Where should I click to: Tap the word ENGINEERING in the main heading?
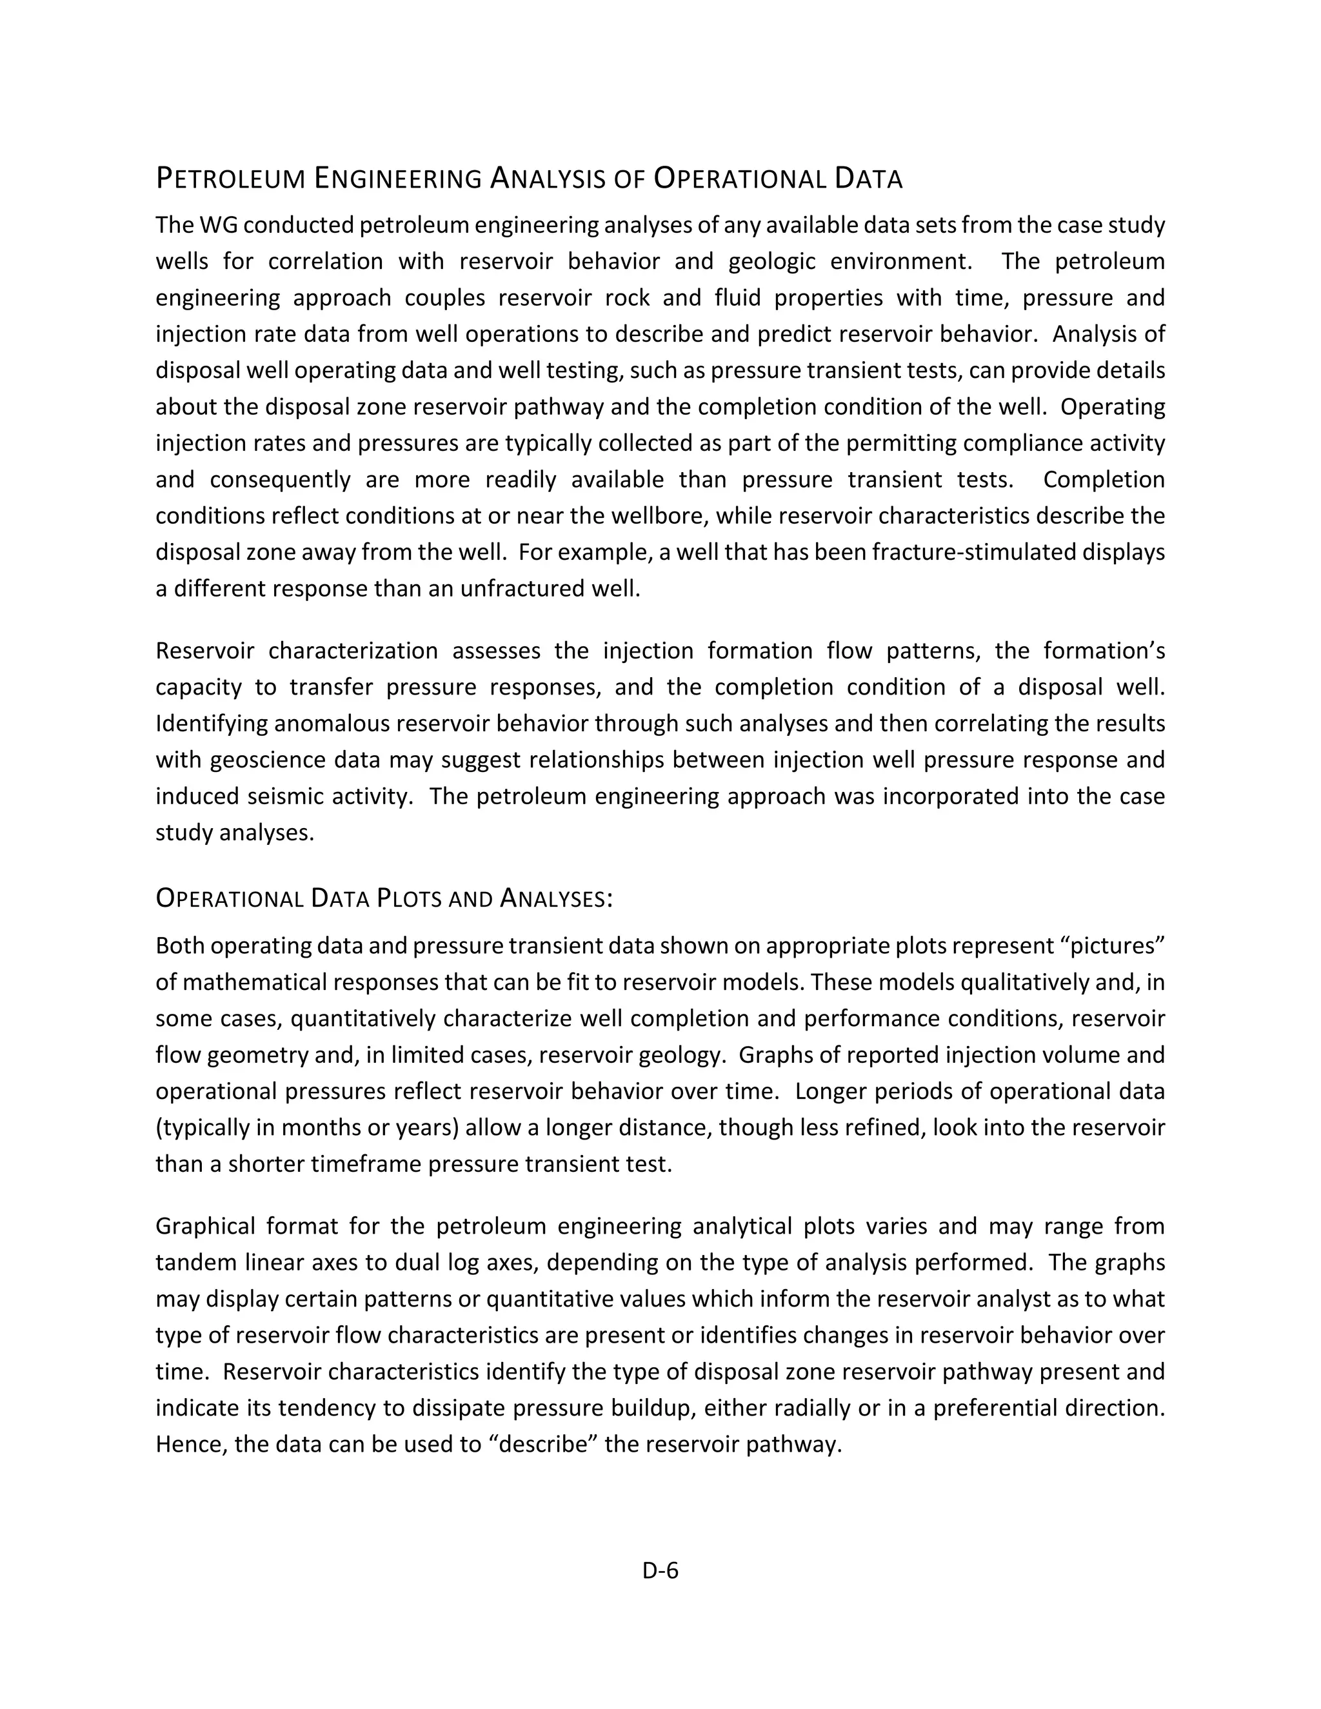(397, 179)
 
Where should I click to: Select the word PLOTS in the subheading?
(410, 898)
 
